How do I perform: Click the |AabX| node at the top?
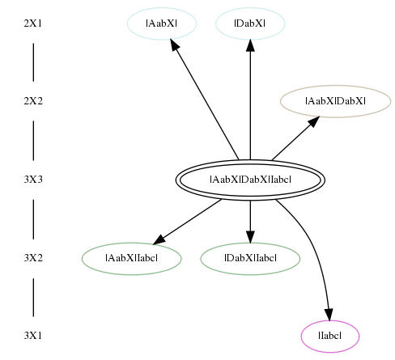pyautogui.click(x=162, y=23)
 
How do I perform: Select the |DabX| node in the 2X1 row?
pyautogui.click(x=250, y=23)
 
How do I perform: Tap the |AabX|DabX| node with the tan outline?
pyautogui.click(x=336, y=101)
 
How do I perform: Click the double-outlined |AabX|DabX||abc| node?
pyautogui.click(x=250, y=180)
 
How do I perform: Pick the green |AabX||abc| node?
pyautogui.click(x=132, y=259)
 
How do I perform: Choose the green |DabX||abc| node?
pyautogui.click(x=250, y=259)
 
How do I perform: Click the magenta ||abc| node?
pyautogui.click(x=330, y=337)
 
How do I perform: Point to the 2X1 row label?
pyautogui.click(x=33, y=23)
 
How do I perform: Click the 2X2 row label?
pyautogui.click(x=33, y=101)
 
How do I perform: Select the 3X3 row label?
pyautogui.click(x=33, y=180)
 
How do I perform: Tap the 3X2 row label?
pyautogui.click(x=33, y=258)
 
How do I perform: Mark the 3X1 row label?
pyautogui.click(x=33, y=336)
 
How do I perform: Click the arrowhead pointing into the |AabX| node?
pyautogui.click(x=175, y=44)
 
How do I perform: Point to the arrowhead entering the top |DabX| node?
pyautogui.click(x=250, y=45)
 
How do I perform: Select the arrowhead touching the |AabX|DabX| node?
pyautogui.click(x=314, y=121)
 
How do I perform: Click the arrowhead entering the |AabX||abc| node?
pyautogui.click(x=159, y=239)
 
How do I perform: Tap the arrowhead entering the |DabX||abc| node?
pyautogui.click(x=250, y=237)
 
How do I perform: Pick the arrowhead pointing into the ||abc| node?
pyautogui.click(x=329, y=315)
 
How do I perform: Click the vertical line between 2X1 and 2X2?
pyautogui.click(x=33, y=62)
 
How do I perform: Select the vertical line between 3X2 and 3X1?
pyautogui.click(x=33, y=297)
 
